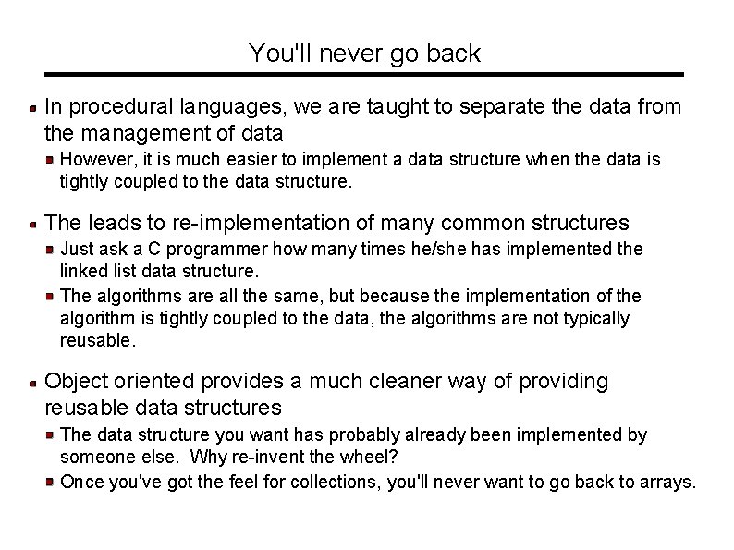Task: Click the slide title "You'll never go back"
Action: point(364,54)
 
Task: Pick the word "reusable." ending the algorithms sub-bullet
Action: point(98,340)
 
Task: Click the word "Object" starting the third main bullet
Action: point(75,381)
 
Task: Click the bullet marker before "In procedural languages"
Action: point(32,108)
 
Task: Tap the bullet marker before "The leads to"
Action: point(32,224)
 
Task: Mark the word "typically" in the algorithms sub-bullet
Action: point(596,318)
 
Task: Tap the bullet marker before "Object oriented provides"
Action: point(32,382)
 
